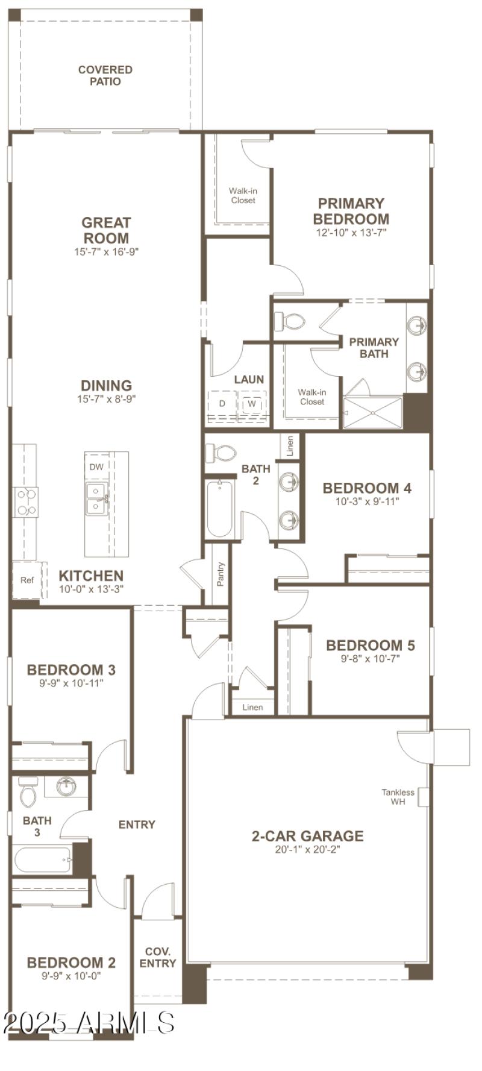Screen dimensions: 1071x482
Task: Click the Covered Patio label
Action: [x=105, y=75]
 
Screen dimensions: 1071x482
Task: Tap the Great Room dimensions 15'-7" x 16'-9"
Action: [x=107, y=252]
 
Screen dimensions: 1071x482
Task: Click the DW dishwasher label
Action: [x=96, y=466]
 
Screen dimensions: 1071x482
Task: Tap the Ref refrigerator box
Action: [x=27, y=580]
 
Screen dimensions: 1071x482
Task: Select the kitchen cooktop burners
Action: [x=26, y=502]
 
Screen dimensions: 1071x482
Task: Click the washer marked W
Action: [x=251, y=404]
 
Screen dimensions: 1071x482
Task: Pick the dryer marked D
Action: [x=222, y=404]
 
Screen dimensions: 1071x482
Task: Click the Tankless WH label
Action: [x=398, y=797]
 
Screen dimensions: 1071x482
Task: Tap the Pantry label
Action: [x=221, y=574]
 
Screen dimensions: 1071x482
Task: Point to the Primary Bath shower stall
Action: [x=372, y=413]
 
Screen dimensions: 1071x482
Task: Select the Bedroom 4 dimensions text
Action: [x=368, y=501]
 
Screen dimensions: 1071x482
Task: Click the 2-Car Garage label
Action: [x=307, y=836]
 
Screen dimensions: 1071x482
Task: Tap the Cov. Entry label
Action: [x=158, y=957]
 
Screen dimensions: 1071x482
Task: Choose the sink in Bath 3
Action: [x=66, y=786]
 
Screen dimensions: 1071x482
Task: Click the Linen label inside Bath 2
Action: [x=290, y=447]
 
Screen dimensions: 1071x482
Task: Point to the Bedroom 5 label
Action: [x=370, y=645]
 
